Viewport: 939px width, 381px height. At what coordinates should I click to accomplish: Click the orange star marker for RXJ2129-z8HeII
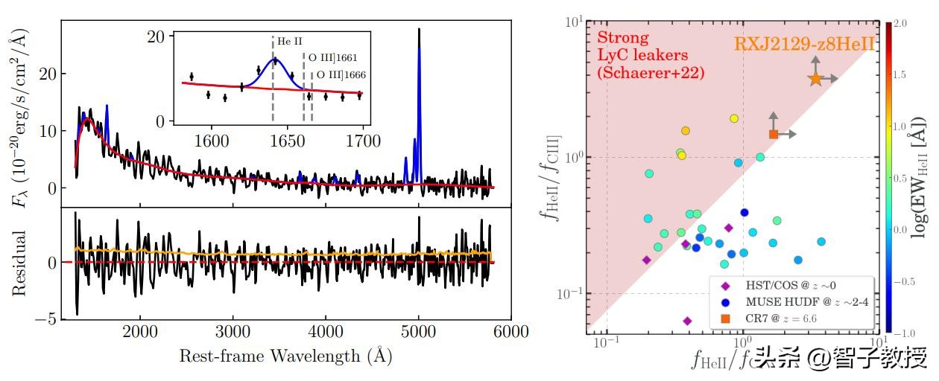click(x=815, y=78)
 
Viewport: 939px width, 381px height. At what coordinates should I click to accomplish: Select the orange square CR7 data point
click(x=774, y=134)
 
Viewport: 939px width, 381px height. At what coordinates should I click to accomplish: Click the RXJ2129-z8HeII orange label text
click(x=804, y=44)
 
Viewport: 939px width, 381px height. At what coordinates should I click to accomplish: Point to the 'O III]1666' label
click(x=342, y=74)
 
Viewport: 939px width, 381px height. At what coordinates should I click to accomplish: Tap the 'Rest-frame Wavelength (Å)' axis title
click(x=285, y=356)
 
